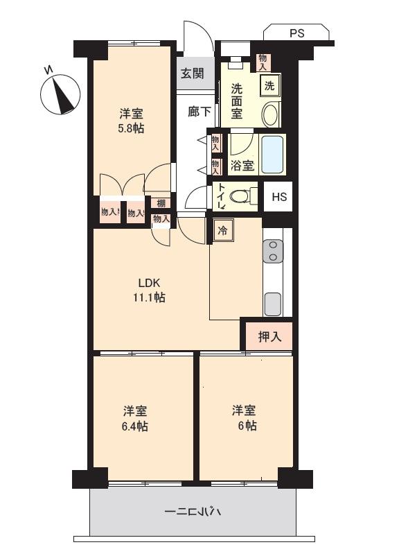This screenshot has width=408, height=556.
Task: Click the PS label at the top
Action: tap(296, 32)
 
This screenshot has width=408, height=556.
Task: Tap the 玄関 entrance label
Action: tap(193, 74)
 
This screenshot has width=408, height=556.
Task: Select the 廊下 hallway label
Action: tap(199, 111)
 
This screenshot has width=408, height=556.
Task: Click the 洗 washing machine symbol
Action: tap(269, 86)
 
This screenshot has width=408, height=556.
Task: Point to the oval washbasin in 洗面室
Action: tap(271, 114)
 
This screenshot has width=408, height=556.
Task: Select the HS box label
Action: tap(278, 197)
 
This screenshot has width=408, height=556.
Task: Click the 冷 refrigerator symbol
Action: tap(222, 230)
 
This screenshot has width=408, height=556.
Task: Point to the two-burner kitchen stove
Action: tap(273, 251)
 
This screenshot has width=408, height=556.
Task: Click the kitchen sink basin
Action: tap(273, 304)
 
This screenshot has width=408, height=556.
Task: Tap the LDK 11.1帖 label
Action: tap(149, 290)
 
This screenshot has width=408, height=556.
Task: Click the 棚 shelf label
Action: tap(161, 203)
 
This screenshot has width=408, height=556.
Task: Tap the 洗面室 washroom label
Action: tap(237, 101)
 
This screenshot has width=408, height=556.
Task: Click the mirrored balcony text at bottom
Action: tap(193, 513)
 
